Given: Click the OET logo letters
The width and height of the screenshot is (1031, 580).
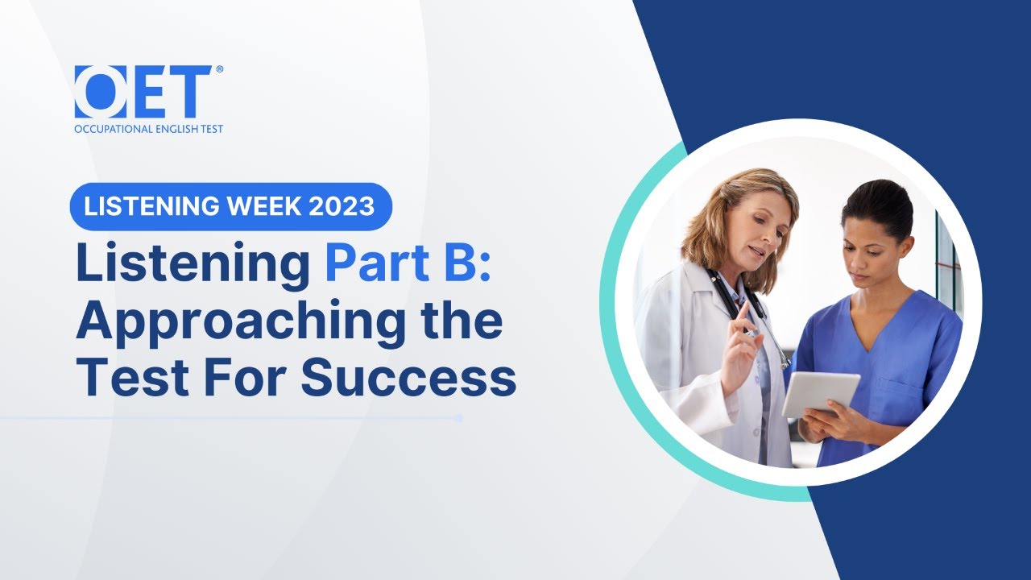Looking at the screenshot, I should [143, 92].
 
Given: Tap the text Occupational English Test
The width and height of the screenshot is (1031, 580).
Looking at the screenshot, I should [148, 129].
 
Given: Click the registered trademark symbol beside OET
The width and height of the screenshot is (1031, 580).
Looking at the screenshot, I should [219, 70].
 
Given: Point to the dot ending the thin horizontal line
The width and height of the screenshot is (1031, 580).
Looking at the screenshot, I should [458, 418].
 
